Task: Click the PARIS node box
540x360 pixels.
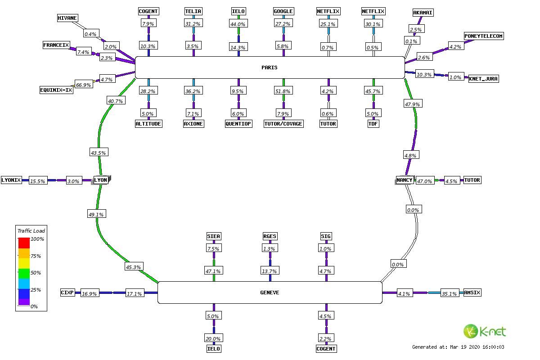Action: (270, 67)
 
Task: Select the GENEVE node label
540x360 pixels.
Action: (270, 292)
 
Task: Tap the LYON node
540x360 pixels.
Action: (101, 180)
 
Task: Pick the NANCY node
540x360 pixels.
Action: (405, 180)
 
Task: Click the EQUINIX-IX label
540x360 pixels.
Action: (56, 90)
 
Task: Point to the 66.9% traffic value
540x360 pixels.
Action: (83, 85)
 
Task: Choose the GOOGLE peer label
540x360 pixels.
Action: (283, 11)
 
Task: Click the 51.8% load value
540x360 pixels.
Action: (283, 91)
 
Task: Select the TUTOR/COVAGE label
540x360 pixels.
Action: (283, 124)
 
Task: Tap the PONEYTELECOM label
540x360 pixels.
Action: (484, 36)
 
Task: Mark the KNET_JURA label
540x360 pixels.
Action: (484, 79)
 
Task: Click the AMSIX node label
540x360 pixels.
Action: (472, 292)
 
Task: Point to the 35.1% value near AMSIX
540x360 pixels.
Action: (450, 294)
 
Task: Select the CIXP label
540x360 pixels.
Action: (67, 292)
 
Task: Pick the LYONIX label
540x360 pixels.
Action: (11, 180)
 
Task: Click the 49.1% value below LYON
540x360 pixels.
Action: (96, 215)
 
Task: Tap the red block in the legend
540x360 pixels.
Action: (24, 243)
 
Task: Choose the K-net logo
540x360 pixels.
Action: (485, 332)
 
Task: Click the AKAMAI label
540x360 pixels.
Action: (423, 13)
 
